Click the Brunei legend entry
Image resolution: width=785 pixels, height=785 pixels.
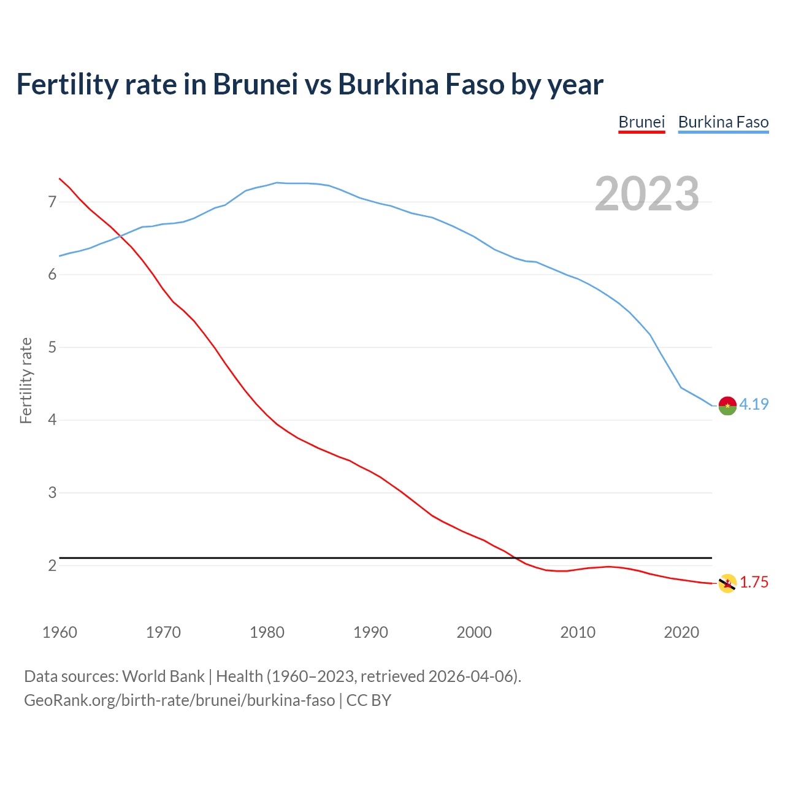[641, 122]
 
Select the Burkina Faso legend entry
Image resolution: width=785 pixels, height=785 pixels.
[723, 122]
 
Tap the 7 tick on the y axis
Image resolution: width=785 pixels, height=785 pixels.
[52, 202]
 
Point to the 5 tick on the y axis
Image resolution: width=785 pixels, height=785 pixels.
[52, 347]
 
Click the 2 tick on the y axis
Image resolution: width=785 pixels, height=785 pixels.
[52, 565]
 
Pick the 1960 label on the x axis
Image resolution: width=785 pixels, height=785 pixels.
[59, 632]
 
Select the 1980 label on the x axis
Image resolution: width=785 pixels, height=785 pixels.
[267, 632]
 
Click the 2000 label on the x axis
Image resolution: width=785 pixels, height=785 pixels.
[474, 632]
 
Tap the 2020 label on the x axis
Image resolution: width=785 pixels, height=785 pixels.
[681, 632]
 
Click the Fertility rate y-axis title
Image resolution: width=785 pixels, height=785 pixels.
[26, 380]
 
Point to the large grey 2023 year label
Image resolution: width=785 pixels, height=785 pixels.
[647, 194]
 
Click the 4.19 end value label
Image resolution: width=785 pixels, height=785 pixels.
[754, 404]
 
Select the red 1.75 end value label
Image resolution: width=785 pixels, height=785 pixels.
[754, 583]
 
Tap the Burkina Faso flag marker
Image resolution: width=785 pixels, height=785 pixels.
[727, 405]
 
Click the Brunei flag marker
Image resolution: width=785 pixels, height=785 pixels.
[727, 583]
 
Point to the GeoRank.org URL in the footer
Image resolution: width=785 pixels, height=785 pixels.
[179, 700]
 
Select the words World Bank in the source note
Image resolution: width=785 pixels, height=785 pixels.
[163, 676]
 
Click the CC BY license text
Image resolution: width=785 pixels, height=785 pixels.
[369, 700]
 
